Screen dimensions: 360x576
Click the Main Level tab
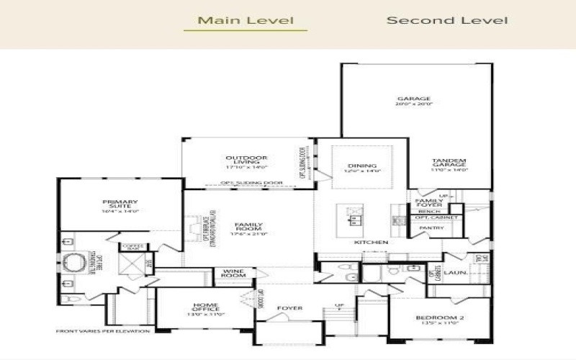[x=245, y=20]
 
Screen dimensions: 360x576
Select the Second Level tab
[x=446, y=20]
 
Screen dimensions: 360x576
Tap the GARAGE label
[x=414, y=99]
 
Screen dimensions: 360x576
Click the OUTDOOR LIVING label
[x=246, y=158]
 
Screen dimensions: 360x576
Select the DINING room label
[x=362, y=165]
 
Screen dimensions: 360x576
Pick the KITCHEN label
[x=371, y=243]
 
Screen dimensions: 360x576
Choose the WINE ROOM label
[x=234, y=272]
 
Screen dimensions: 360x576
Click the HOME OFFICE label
[x=205, y=307]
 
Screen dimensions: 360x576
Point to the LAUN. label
[x=455, y=273]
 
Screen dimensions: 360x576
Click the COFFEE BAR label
[x=133, y=248]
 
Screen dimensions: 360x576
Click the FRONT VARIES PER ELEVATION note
[x=102, y=331]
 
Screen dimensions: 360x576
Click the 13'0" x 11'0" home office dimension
[x=205, y=315]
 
